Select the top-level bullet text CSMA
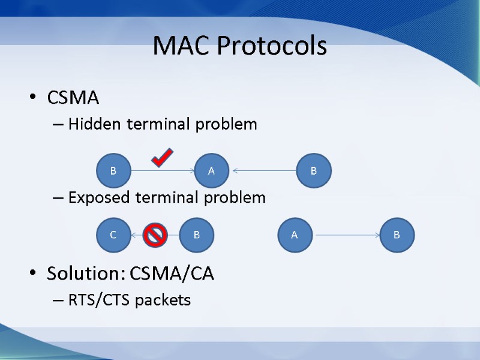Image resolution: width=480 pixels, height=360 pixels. click(73, 97)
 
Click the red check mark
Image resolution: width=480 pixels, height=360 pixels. click(162, 157)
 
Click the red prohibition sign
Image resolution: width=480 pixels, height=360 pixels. click(155, 235)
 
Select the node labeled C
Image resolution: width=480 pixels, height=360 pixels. click(113, 235)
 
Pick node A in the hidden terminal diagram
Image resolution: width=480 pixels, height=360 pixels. click(211, 171)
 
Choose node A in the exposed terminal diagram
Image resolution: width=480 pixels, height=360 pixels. click(294, 235)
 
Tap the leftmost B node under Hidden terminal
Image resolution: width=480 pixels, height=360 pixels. click(113, 171)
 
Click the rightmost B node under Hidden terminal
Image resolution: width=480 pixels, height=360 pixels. click(314, 171)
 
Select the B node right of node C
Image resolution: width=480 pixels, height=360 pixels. click(197, 235)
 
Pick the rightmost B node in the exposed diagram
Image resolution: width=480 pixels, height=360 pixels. click(397, 235)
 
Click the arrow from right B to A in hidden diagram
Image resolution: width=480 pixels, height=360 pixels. click(264, 171)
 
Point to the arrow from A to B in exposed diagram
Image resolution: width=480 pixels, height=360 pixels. click(346, 235)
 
